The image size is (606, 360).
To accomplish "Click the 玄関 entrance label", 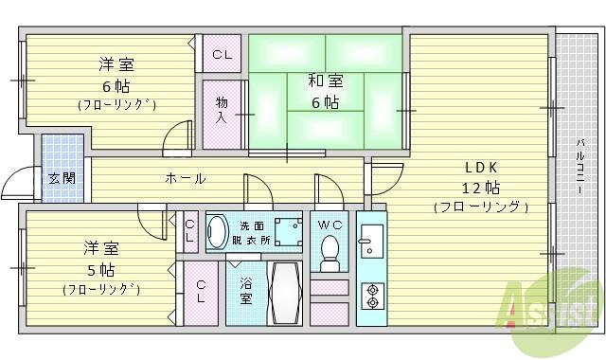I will (x=62, y=178).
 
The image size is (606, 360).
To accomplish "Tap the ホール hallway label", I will (x=185, y=177).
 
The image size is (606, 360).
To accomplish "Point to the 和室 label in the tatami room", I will (x=324, y=81).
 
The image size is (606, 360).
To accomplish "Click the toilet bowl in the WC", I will (x=330, y=251).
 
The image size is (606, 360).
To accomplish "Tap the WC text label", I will (x=330, y=225).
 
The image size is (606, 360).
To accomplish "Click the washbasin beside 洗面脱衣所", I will (x=218, y=231).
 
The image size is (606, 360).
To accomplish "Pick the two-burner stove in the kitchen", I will (x=372, y=297).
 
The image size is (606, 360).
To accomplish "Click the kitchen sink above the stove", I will (x=370, y=241).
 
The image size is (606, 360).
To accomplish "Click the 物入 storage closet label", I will (x=221, y=110).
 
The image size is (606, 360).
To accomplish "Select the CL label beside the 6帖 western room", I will (x=222, y=54).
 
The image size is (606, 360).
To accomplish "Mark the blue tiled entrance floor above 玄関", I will (x=62, y=152).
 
